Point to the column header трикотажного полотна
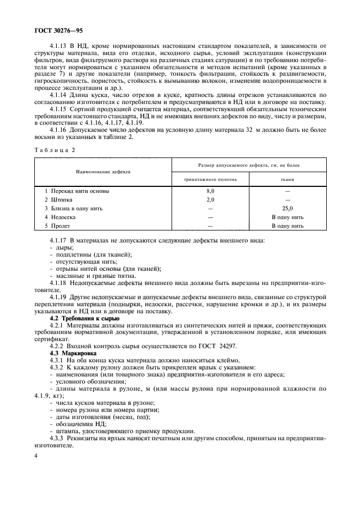pyautogui.click(x=210, y=179)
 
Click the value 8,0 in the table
pyautogui.click(x=210, y=191)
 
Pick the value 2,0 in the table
pyautogui.click(x=210, y=200)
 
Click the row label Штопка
pyautogui.click(x=63, y=200)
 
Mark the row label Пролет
pyautogui.click(x=62, y=225)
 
